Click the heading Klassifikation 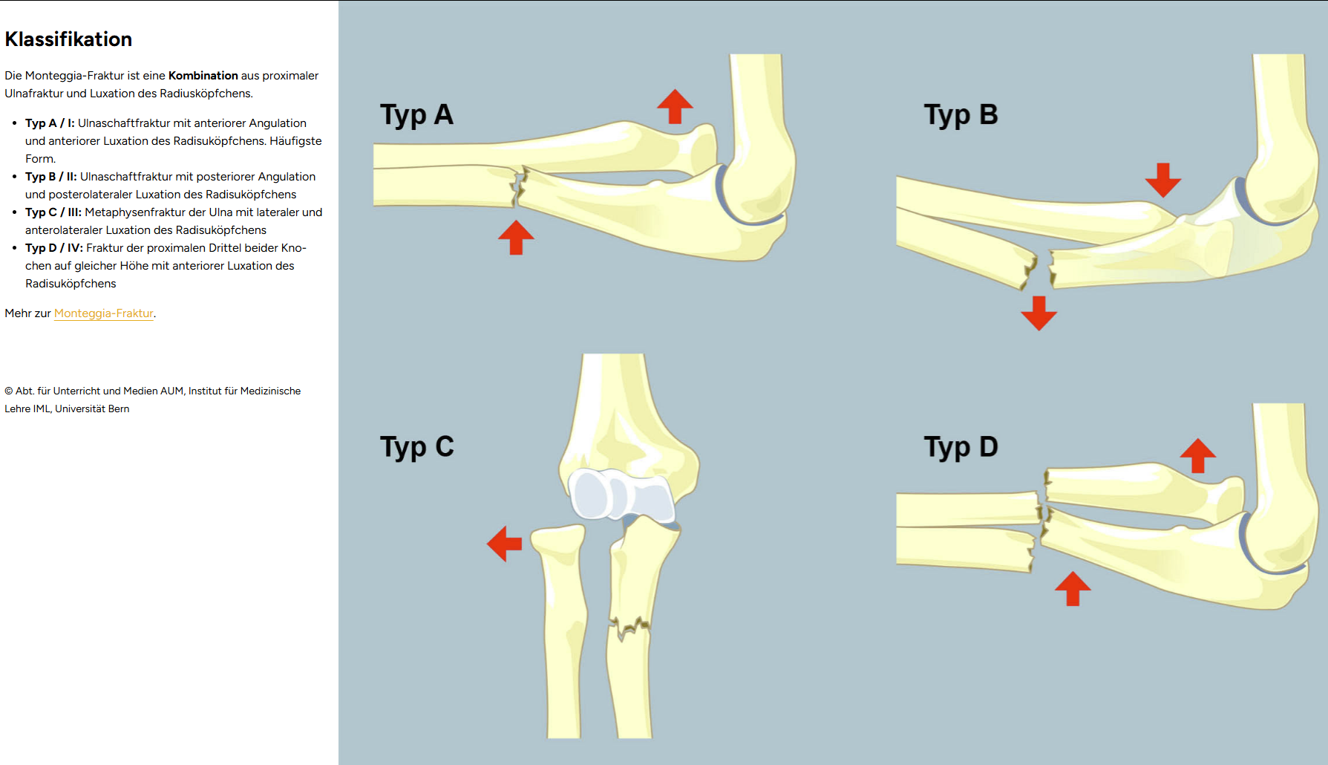tap(68, 39)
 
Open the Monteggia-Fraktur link tap(103, 313)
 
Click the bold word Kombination tap(203, 76)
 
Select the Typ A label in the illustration tap(416, 115)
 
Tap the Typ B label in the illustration tap(961, 115)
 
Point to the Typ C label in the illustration tap(416, 447)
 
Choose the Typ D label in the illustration tap(961, 447)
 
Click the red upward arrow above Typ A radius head tap(675, 106)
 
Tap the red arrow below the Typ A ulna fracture tap(516, 237)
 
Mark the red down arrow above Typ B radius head tap(1162, 180)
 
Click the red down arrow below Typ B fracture tap(1038, 313)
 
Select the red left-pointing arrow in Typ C tap(505, 544)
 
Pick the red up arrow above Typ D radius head tap(1197, 455)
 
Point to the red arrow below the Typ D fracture tap(1073, 588)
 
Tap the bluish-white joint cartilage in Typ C tap(622, 494)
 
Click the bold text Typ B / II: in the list tap(50, 177)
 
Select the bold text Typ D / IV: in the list tap(53, 248)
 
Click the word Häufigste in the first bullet tap(295, 141)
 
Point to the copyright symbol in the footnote tap(9, 391)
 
